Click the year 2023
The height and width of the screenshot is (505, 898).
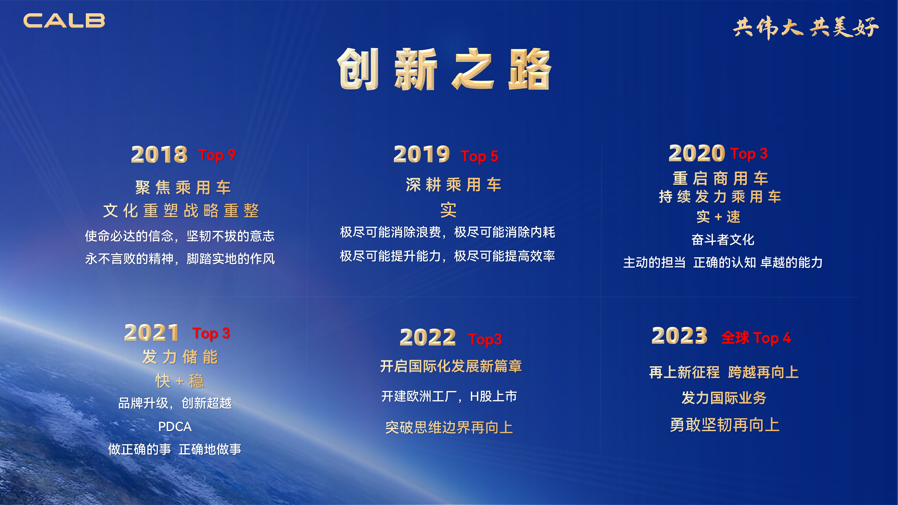point(679,336)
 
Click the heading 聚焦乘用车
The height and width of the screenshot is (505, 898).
point(183,187)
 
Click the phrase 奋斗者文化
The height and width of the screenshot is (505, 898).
point(723,239)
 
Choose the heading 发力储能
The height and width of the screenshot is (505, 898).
point(180,357)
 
